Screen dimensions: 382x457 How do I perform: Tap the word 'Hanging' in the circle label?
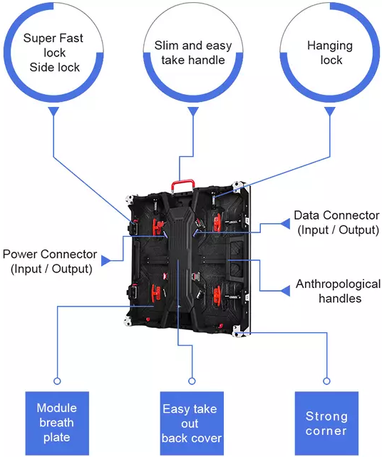(x=330, y=46)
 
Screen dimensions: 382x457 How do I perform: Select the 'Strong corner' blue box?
(x=326, y=423)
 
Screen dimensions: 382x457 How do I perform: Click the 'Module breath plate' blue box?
(x=57, y=423)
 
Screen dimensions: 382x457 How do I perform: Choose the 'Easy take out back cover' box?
(x=192, y=423)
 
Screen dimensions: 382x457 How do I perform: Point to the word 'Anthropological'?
(x=338, y=284)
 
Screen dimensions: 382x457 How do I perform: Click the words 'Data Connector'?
(x=336, y=215)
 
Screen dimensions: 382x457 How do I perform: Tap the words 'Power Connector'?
(x=50, y=254)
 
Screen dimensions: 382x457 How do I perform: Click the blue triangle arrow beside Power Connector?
(x=106, y=260)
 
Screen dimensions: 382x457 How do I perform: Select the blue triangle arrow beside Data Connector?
(x=285, y=224)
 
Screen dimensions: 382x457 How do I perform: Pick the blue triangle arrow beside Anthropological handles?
(x=285, y=291)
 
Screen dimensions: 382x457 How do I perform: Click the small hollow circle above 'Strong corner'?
(x=326, y=381)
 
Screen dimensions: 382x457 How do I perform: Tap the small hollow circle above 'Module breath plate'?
(x=57, y=381)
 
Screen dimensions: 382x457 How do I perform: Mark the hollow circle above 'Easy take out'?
(x=192, y=381)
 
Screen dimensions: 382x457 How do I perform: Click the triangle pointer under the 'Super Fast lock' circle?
(x=54, y=111)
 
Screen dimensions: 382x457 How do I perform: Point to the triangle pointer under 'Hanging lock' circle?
(x=330, y=111)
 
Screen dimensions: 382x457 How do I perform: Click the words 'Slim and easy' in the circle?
(x=193, y=46)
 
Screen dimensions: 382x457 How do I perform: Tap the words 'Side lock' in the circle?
(x=54, y=67)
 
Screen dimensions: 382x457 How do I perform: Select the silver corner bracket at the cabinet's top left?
(x=130, y=200)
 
